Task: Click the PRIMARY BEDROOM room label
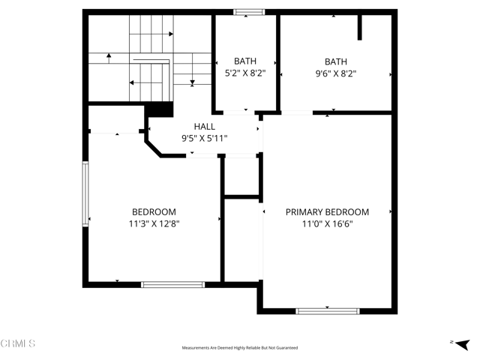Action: click(x=327, y=212)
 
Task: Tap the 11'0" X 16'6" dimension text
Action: click(x=327, y=223)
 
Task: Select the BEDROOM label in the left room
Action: click(x=154, y=212)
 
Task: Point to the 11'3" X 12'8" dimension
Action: click(x=154, y=223)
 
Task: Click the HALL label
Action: click(x=204, y=127)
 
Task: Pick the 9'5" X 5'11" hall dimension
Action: click(x=204, y=138)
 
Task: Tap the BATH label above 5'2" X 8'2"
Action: click(x=245, y=61)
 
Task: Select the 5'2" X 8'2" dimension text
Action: click(x=245, y=73)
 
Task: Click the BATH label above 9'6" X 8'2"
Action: click(x=336, y=61)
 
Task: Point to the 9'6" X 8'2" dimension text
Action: click(x=336, y=73)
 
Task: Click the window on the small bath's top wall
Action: click(x=248, y=12)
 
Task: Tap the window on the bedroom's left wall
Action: click(x=85, y=194)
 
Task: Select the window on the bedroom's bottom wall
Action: click(x=173, y=284)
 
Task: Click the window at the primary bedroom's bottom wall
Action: click(x=327, y=310)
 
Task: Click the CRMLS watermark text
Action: click(x=18, y=343)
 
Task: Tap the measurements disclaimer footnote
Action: click(x=239, y=348)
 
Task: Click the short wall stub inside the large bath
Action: click(x=360, y=26)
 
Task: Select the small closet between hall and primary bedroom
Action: click(x=241, y=176)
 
